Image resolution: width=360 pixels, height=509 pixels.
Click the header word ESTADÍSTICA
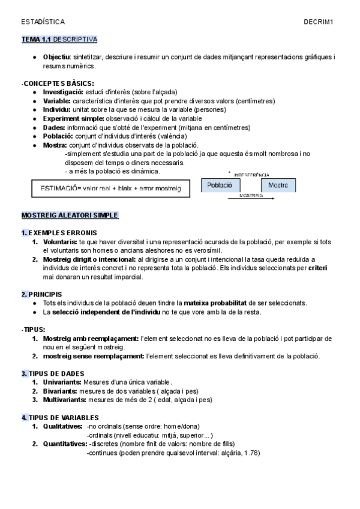click(43, 22)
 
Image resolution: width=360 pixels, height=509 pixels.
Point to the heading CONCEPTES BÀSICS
click(59, 83)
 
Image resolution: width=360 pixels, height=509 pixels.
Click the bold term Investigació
click(64, 92)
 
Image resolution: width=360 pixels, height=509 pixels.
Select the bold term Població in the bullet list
click(59, 136)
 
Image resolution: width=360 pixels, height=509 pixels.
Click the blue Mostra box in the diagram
click(278, 185)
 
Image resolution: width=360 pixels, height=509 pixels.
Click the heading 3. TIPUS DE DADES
click(53, 373)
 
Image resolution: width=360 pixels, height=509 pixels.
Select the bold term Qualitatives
click(62, 426)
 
